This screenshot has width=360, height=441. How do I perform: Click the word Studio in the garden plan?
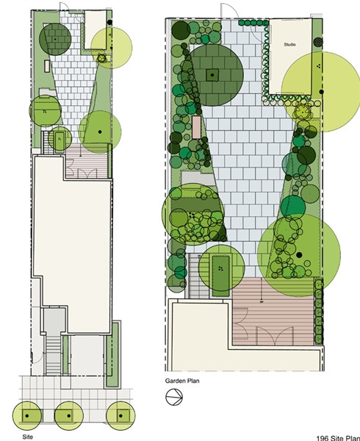click(289, 44)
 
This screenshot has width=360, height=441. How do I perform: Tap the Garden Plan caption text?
click(182, 381)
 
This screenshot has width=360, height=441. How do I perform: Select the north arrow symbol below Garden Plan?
click(174, 397)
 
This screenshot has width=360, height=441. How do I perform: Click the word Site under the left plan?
click(27, 437)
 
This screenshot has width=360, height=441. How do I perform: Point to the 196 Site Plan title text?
click(338, 438)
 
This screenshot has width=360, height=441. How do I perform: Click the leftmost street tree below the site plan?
click(27, 416)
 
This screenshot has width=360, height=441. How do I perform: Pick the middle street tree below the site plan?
click(68, 416)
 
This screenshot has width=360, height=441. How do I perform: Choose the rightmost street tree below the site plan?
click(120, 416)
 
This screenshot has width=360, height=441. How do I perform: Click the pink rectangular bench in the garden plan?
click(196, 127)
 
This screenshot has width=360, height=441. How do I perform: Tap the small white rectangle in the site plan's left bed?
click(47, 66)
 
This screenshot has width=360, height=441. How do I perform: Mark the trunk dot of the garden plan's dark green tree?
click(212, 75)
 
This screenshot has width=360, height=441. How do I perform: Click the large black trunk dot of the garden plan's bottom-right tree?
click(299, 255)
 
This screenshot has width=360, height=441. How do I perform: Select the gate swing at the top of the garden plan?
click(228, 11)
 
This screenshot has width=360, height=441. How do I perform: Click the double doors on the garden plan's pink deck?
click(276, 335)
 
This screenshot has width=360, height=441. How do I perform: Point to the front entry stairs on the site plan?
click(53, 355)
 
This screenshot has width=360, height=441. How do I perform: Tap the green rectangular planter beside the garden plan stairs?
click(220, 276)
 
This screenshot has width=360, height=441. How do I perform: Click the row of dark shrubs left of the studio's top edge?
click(253, 23)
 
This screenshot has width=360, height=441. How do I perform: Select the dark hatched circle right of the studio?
click(318, 42)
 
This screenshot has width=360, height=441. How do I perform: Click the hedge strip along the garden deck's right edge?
click(318, 312)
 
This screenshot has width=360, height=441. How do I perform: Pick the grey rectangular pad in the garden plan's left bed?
click(198, 178)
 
